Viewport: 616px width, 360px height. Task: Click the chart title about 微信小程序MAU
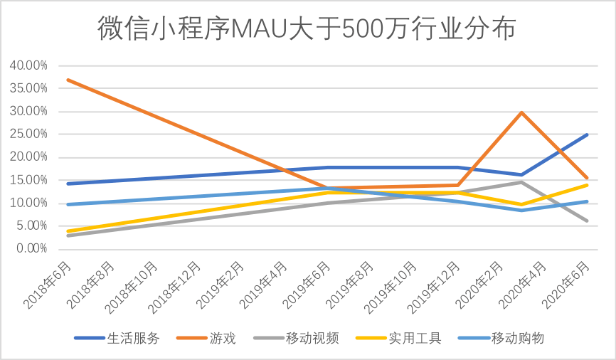307,29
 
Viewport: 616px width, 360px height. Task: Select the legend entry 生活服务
133,338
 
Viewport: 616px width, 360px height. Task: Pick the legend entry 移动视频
314,338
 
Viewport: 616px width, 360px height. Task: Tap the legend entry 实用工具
415,338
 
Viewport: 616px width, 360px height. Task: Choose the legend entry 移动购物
517,338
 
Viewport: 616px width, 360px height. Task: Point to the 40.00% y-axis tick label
28,65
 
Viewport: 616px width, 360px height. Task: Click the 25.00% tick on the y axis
28,134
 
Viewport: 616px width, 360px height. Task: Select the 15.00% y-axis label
28,180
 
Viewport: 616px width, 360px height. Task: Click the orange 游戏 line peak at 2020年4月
522,112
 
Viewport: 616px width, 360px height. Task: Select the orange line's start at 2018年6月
68,80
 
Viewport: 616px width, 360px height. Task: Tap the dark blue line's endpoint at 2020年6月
588,134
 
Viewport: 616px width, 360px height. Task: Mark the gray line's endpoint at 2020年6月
588,221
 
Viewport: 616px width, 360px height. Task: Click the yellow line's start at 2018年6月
68,231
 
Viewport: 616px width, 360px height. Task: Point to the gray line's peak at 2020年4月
522,182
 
